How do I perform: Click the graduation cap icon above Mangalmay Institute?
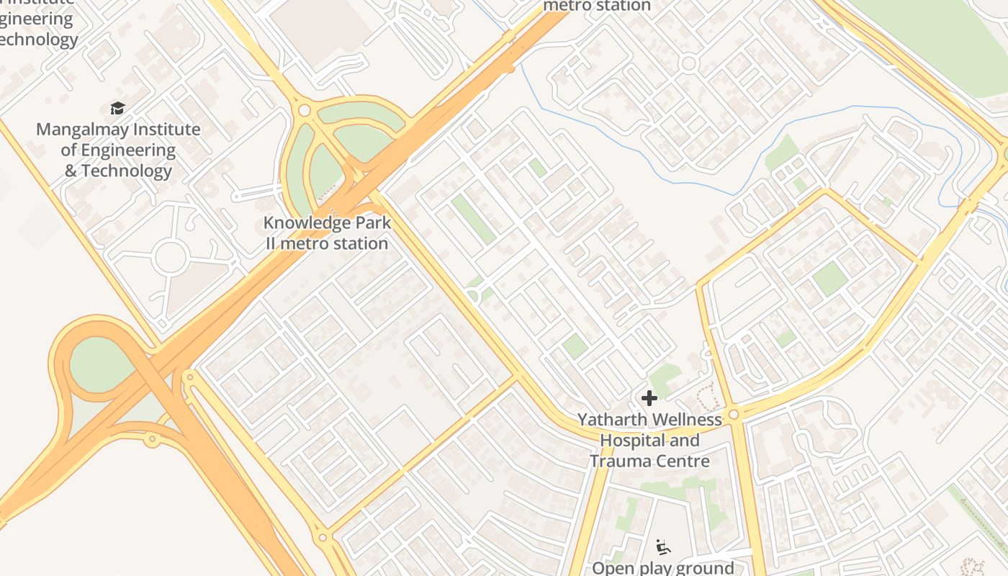coord(117,108)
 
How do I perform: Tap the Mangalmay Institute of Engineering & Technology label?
coord(118,150)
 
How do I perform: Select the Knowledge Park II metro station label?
coord(327,233)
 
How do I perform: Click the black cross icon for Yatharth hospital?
coord(649,397)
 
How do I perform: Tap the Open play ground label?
coord(662,567)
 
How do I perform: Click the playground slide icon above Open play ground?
coord(662,547)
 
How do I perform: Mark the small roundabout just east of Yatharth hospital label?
coord(734,414)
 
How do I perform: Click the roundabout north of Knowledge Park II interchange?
coord(304,110)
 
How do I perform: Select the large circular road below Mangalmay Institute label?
coord(171,258)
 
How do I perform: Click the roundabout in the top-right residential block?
coord(688,63)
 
